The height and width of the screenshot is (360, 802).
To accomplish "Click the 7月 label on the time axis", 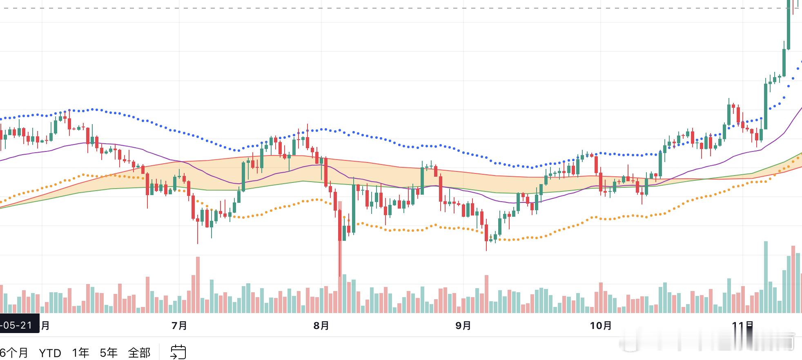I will click(x=179, y=325).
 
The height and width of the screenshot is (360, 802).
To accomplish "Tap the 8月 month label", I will click(x=321, y=325).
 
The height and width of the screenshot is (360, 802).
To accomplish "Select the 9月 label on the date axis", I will click(x=463, y=325).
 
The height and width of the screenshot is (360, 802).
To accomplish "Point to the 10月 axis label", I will click(x=601, y=325).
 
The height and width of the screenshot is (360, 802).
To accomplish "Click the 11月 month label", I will click(x=742, y=325).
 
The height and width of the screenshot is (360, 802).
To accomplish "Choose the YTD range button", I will click(x=50, y=353).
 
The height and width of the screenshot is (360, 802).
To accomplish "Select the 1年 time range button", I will click(x=80, y=353).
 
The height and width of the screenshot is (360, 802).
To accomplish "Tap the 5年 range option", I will click(x=109, y=353).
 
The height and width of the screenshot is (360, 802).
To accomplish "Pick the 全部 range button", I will click(x=139, y=353).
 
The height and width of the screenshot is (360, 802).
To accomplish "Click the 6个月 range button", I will click(x=14, y=353).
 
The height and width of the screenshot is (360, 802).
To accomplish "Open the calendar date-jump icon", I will click(x=178, y=352).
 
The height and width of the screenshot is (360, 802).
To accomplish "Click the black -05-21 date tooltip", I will click(x=19, y=325).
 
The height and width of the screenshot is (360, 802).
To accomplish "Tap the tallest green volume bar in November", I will click(x=766, y=278).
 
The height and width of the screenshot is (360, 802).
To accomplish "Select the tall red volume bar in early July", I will click(x=198, y=285).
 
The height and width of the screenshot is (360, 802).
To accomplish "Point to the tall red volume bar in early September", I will click(x=486, y=294).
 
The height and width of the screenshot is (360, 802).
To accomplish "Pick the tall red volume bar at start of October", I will click(x=601, y=298).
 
